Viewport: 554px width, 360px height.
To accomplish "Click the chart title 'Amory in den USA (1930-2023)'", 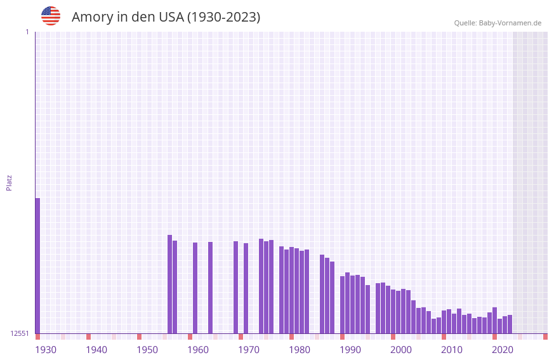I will (x=166, y=17).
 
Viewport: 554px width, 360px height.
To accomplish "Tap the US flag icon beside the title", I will (x=51, y=16).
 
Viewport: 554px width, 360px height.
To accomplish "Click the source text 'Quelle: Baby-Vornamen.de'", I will (x=498, y=23).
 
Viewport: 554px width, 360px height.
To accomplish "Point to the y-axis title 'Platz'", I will (x=9, y=183).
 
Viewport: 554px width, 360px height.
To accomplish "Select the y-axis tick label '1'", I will (x=27, y=32).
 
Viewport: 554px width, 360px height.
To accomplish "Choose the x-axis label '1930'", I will (x=46, y=350).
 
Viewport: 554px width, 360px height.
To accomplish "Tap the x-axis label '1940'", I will (x=96, y=350).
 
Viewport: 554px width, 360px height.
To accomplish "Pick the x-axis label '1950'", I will (x=147, y=350).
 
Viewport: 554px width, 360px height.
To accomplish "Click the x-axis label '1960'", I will (x=198, y=350).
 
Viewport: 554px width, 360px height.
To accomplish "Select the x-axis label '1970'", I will (x=249, y=350).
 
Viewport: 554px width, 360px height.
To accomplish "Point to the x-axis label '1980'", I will (x=300, y=350).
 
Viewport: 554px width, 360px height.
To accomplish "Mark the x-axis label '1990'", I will (x=350, y=350).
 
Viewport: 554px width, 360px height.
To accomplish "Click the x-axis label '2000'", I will (x=401, y=350).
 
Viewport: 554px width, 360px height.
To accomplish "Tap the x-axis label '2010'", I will (x=452, y=350).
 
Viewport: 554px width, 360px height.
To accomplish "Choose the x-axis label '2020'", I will (x=503, y=350).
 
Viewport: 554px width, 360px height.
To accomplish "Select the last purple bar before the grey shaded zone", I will (x=510, y=324).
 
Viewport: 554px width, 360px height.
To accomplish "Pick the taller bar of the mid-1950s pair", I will (x=169, y=284).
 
